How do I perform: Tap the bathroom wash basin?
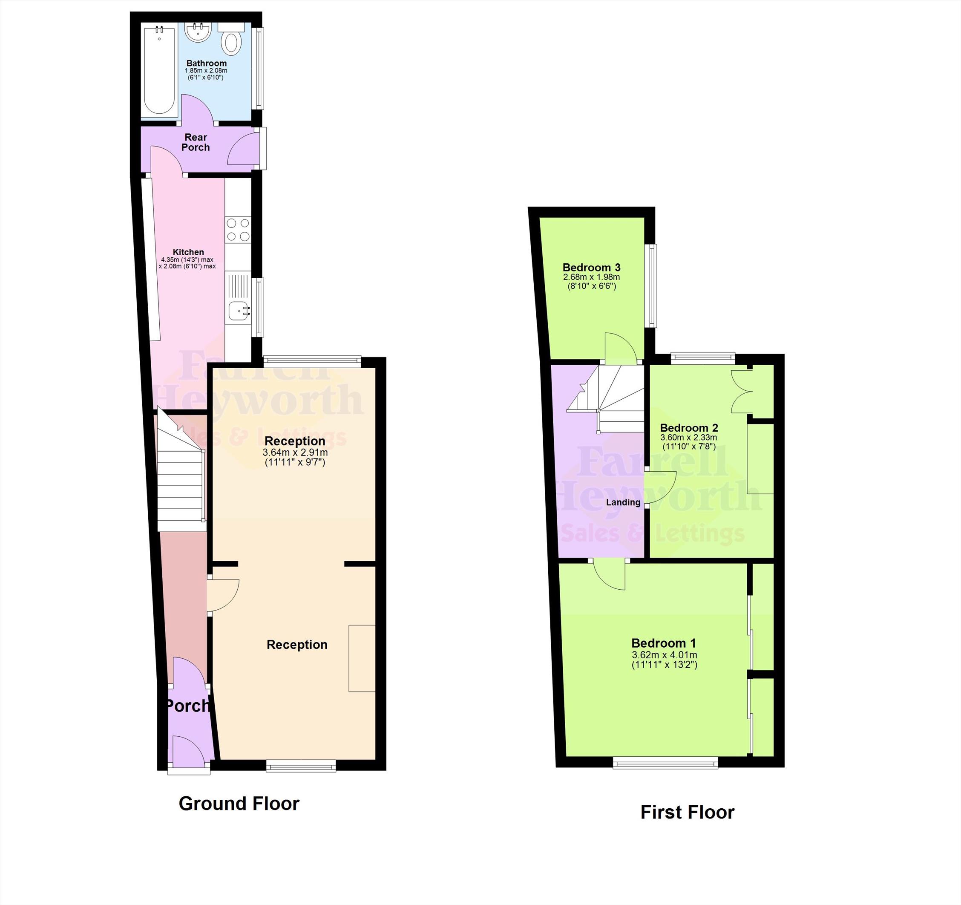198,32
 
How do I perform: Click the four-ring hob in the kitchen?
238,230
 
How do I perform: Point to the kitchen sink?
239,310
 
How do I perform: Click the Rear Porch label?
196,143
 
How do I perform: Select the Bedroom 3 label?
591,267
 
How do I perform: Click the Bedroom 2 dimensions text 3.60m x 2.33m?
689,438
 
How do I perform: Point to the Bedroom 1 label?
664,643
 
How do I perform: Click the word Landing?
623,502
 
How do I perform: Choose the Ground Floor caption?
239,804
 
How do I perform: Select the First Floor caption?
688,812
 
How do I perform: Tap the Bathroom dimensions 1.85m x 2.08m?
206,71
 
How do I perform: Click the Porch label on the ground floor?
187,706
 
